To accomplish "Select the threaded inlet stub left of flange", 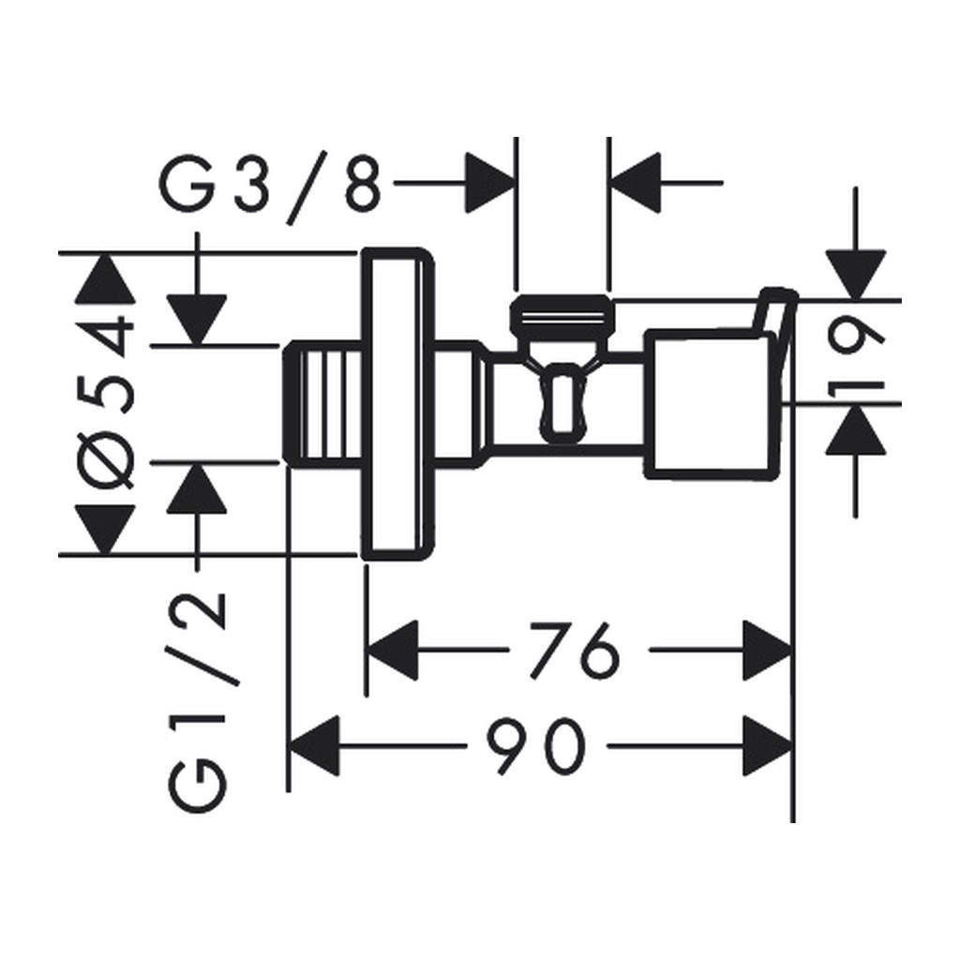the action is (x=322, y=404).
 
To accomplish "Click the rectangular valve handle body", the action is (x=706, y=404).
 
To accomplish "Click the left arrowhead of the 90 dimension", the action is (x=313, y=745).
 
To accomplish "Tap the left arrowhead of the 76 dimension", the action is (x=393, y=651).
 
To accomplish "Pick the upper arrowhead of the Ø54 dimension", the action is (x=105, y=277).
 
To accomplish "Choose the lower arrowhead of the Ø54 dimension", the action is (x=105, y=529).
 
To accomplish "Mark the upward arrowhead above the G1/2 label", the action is (x=197, y=487).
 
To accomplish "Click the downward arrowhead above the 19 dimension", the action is (x=855, y=275).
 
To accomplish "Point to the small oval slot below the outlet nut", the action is (x=563, y=404).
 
